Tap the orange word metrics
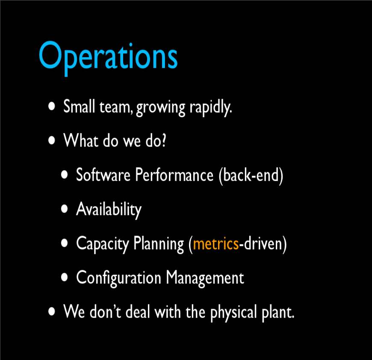216,244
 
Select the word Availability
109,210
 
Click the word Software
103,175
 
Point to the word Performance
174,175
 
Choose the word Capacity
102,244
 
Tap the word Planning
159,244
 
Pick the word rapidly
210,107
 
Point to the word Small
79,106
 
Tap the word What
81,140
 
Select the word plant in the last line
278,313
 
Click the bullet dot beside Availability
64,209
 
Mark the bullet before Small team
51,106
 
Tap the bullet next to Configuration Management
64,277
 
